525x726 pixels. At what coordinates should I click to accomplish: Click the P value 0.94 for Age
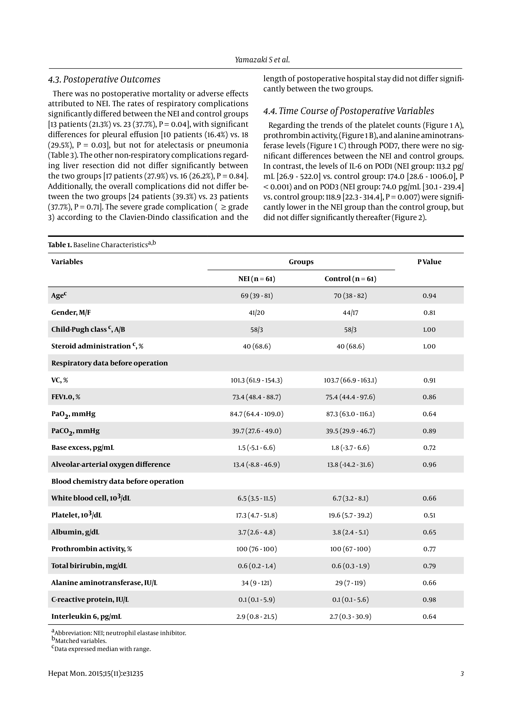point(429,296)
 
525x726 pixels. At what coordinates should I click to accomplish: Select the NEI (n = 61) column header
point(256,279)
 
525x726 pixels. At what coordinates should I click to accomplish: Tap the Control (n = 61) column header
point(350,279)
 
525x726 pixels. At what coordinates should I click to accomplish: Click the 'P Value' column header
point(429,262)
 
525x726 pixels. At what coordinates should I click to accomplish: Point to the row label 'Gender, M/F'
point(71,312)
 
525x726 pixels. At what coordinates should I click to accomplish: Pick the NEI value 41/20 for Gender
point(256,313)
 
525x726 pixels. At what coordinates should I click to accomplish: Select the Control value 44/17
point(350,313)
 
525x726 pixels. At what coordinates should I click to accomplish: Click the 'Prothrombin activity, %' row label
point(91,549)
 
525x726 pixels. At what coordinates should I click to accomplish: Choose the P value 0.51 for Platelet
point(429,515)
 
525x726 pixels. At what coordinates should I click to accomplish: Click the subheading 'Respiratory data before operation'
point(109,363)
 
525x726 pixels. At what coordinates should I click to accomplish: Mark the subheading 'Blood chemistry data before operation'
point(117,481)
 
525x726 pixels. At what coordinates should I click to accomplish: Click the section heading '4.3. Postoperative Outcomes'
point(104,79)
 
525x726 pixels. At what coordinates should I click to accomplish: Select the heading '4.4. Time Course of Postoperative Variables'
point(348,111)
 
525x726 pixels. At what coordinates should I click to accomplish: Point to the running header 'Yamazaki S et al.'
point(262,60)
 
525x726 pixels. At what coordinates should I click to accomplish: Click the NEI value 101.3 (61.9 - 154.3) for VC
point(256,380)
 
